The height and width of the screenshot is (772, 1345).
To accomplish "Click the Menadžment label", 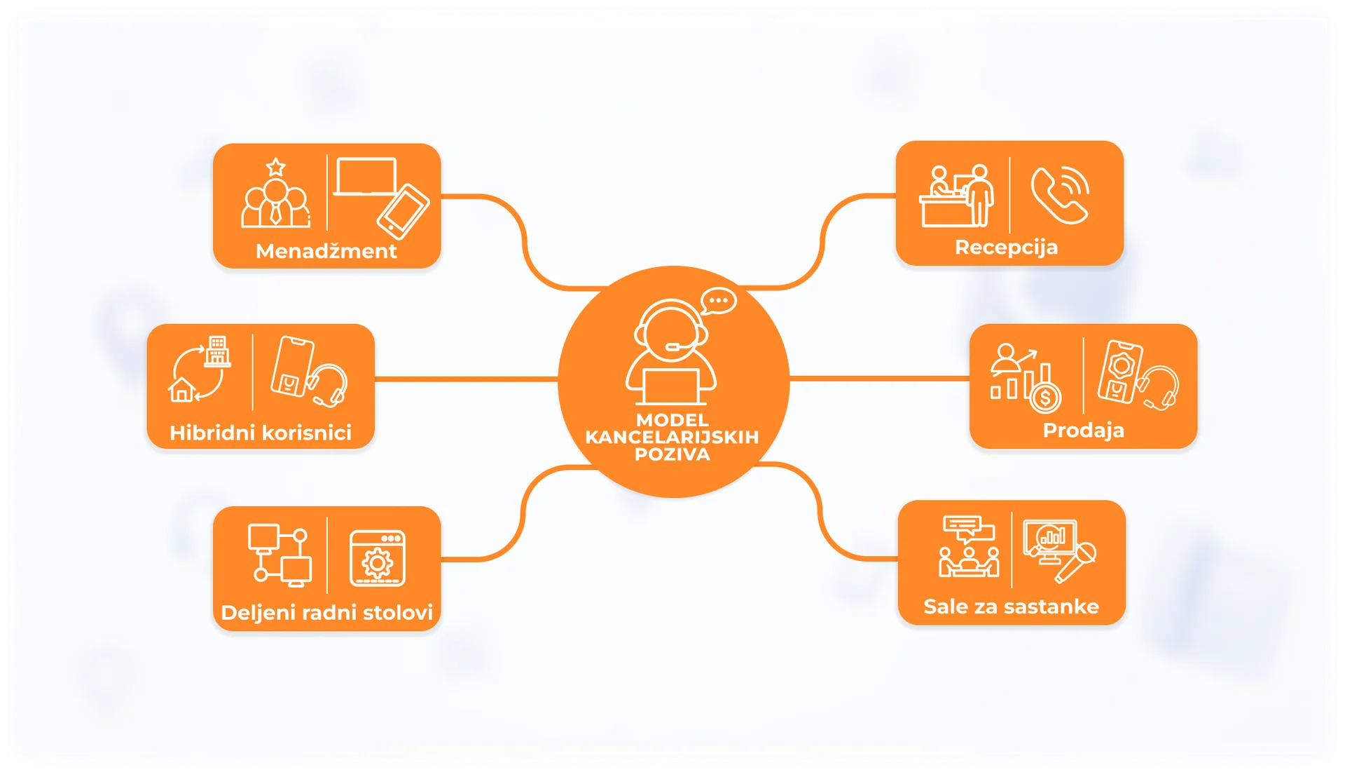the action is (x=326, y=251).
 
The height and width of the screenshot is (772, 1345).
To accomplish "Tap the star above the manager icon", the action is (x=276, y=167).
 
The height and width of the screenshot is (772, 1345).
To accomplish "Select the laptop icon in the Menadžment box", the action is (x=366, y=177).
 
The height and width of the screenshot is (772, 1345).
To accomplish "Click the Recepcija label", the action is (x=1006, y=248).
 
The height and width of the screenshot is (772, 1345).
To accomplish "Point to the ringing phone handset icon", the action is (x=1060, y=195).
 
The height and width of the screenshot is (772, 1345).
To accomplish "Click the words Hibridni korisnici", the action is (x=261, y=433).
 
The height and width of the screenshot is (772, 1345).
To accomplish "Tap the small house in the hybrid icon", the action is (x=182, y=389).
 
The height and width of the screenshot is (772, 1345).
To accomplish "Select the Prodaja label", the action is (x=1083, y=430).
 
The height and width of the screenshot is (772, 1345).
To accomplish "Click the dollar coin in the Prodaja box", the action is (x=1045, y=398).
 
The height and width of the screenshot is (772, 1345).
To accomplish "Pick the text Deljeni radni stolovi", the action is (x=326, y=613).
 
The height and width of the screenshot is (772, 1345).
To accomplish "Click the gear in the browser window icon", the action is (x=378, y=563).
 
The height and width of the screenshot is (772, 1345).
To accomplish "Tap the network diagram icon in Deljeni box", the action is (x=280, y=555).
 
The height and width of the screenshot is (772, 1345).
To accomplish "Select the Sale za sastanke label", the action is (x=1011, y=607).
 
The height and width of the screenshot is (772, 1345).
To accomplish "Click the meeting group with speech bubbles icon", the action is (x=969, y=546).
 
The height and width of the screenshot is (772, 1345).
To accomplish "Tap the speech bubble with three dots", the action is (x=719, y=302).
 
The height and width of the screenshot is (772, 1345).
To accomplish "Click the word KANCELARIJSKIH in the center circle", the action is (x=672, y=437).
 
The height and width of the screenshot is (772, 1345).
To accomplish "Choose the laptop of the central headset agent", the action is (x=671, y=386).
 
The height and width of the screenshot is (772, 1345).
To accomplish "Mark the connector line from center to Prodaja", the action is (x=879, y=379).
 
